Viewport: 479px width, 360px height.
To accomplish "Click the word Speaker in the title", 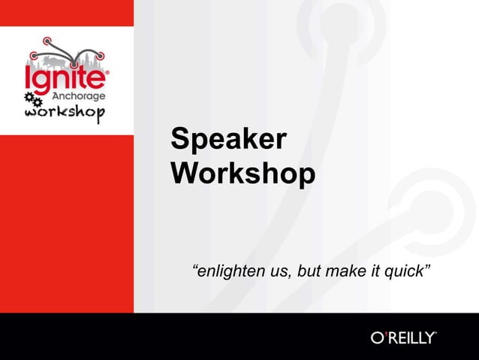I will [228, 141].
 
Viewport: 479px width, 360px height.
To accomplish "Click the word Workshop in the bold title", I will [243, 174].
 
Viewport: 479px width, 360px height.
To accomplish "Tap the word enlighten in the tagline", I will [227, 271].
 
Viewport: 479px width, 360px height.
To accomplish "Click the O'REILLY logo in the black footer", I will [403, 337].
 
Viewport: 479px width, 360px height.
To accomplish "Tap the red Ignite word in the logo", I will [67, 77].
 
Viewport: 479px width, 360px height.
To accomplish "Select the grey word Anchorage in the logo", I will [80, 95].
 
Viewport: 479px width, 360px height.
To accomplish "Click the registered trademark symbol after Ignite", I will [108, 73].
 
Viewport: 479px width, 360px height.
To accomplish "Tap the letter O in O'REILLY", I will [378, 337].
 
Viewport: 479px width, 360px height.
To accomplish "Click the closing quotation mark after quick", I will [428, 267].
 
